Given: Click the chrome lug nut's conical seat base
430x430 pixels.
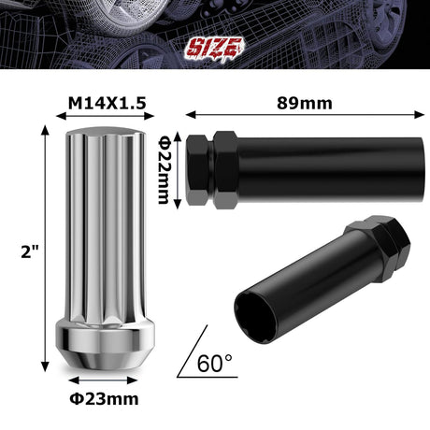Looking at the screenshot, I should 98,351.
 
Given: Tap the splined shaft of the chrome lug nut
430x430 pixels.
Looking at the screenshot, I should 94,234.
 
